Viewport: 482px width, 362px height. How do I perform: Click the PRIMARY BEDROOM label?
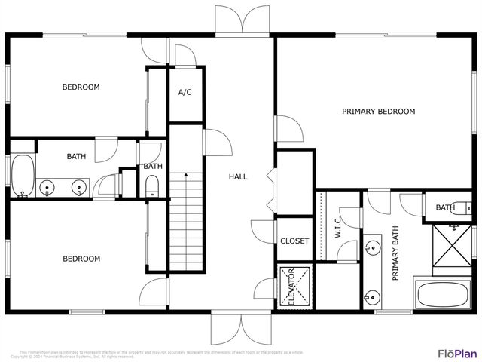378,112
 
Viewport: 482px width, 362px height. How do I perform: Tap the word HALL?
238,176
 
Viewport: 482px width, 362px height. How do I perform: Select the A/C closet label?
185,93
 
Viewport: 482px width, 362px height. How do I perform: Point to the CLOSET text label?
294,241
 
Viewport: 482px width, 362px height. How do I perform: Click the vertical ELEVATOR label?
291,287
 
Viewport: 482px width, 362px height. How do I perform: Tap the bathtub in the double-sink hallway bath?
23,175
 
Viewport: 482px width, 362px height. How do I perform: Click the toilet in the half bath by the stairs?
151,186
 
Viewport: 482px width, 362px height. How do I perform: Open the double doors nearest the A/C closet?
242,19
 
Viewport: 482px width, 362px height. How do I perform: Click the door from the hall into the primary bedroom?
288,129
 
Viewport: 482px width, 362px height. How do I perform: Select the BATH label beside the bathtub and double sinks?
76,157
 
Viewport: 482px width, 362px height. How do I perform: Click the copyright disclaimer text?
162,354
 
